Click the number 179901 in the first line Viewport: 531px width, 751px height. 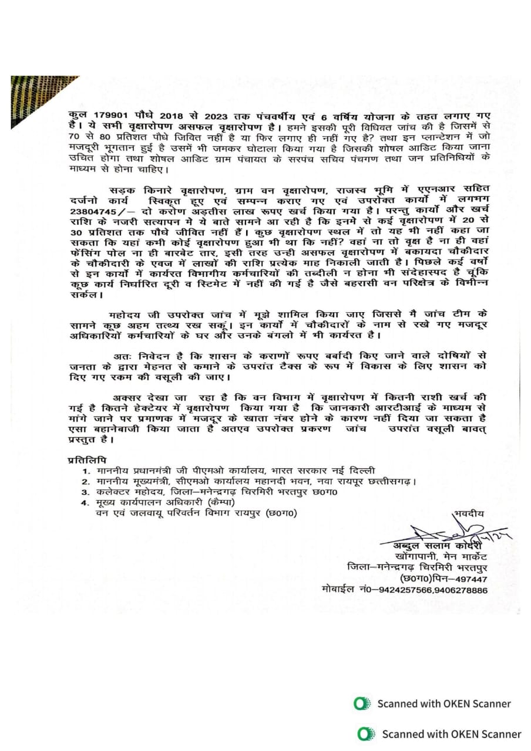click(x=104, y=116)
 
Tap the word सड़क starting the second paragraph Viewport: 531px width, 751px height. click(x=121, y=190)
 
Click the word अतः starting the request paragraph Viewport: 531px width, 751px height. click(x=121, y=356)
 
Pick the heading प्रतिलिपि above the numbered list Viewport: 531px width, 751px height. click(x=87, y=459)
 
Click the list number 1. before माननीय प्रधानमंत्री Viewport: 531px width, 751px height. click(x=86, y=471)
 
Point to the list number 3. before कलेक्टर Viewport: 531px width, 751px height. click(x=86, y=492)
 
